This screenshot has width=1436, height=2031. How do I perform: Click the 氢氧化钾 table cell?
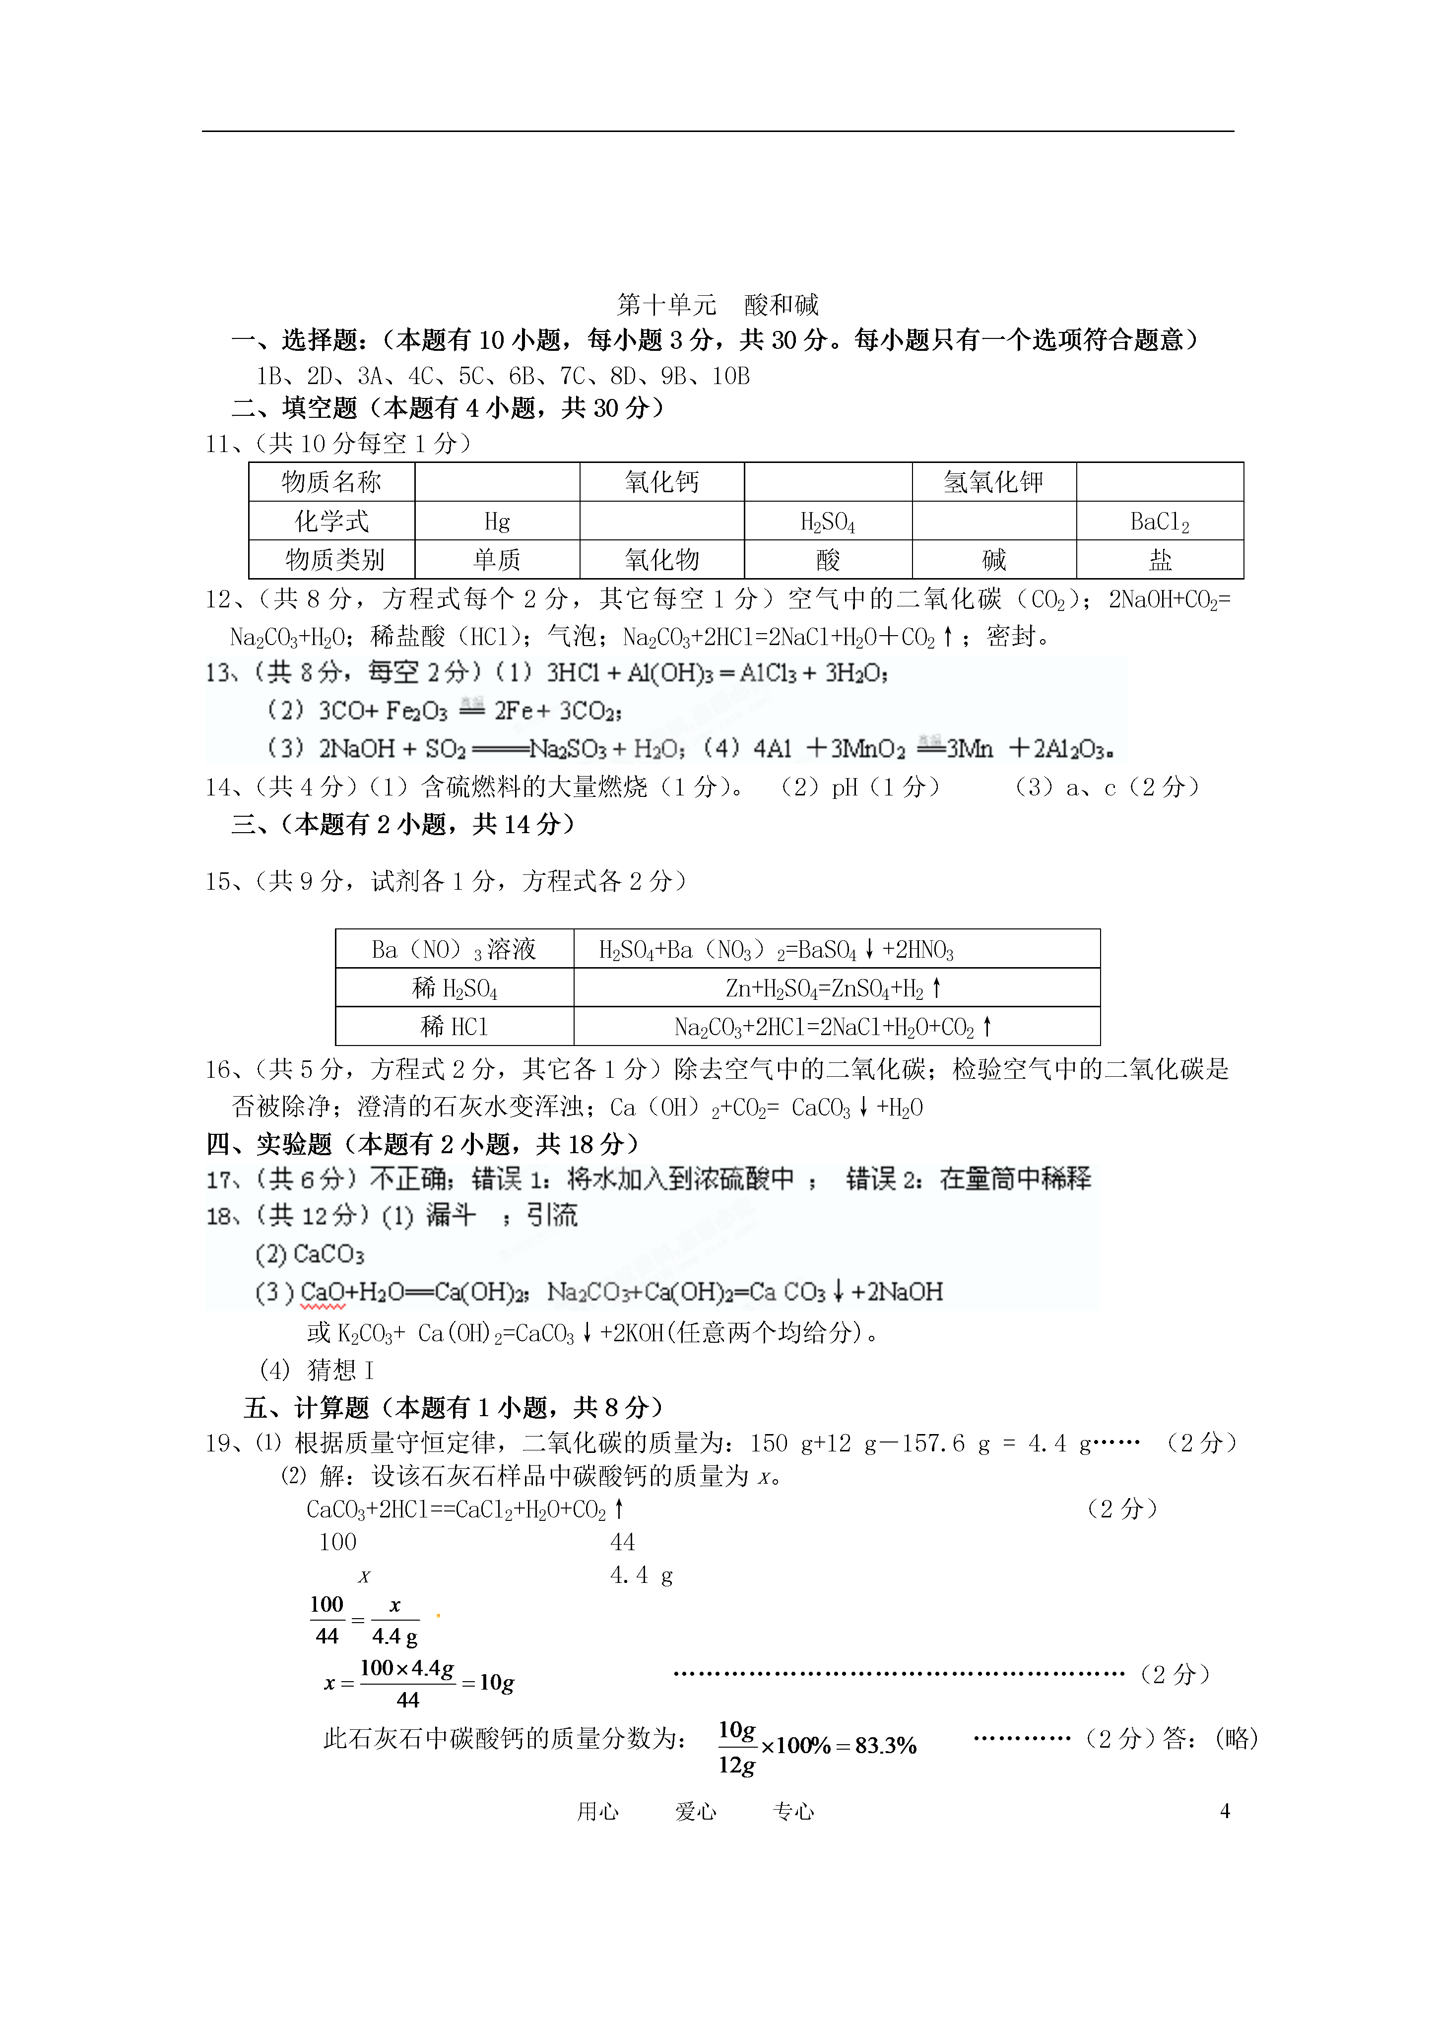[993, 482]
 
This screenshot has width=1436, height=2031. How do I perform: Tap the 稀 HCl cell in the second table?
[454, 1026]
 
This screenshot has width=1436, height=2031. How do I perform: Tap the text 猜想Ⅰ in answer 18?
[341, 1370]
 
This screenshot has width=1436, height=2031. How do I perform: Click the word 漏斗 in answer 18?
[451, 1215]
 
